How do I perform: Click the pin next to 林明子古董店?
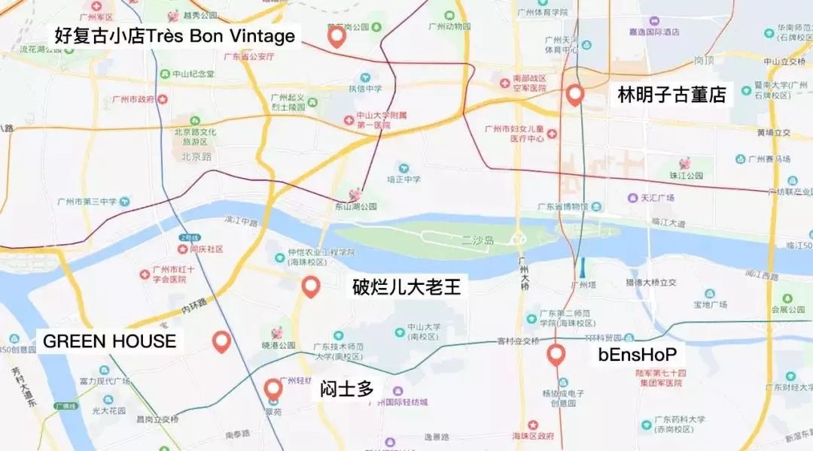coord(576,95)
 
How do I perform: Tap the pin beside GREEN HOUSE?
coord(221,341)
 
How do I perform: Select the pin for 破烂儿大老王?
coord(311,286)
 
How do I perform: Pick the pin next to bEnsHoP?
coord(556,354)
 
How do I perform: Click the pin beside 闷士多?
coord(273,389)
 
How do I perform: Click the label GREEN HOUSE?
coord(110,341)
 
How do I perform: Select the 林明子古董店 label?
coord(671,95)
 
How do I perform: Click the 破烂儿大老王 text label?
coord(406,287)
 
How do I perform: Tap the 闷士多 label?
coord(347,389)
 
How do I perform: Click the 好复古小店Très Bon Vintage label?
coord(175,35)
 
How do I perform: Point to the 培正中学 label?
coord(403,180)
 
